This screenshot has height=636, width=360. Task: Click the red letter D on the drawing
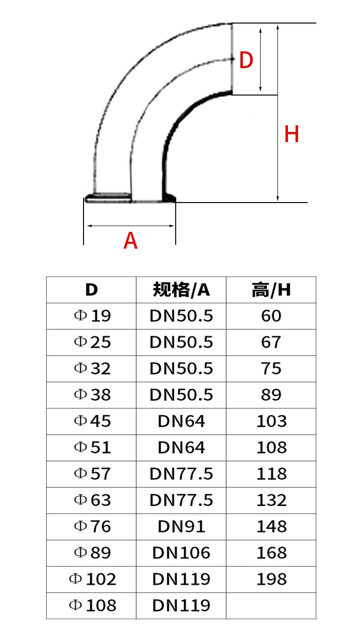pyautogui.click(x=246, y=60)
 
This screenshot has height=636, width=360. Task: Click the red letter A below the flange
pyautogui.click(x=131, y=240)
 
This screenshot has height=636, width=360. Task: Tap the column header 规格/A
pyautogui.click(x=181, y=290)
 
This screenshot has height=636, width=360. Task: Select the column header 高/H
pyautogui.click(x=271, y=290)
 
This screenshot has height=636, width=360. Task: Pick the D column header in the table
pyautogui.click(x=91, y=290)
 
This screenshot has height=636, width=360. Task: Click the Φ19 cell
pyautogui.click(x=92, y=316)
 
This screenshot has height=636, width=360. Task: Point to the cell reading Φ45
pyautogui.click(x=92, y=421)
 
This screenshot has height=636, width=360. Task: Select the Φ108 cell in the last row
pyautogui.click(x=92, y=605)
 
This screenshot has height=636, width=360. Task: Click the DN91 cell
pyautogui.click(x=181, y=527)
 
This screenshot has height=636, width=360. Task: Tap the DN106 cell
pyautogui.click(x=181, y=553)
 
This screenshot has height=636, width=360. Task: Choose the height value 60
pyautogui.click(x=271, y=316)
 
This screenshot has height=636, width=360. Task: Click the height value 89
pyautogui.click(x=271, y=395)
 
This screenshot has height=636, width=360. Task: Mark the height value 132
pyautogui.click(x=271, y=500)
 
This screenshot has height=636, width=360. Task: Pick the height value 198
pyautogui.click(x=271, y=579)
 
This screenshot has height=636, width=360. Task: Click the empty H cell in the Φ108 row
pyautogui.click(x=271, y=605)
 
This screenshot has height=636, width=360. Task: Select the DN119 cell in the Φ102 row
pyautogui.click(x=181, y=579)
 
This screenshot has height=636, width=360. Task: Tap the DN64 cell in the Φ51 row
pyautogui.click(x=181, y=447)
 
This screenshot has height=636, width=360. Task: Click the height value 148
pyautogui.click(x=271, y=527)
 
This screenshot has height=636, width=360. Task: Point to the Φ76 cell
pyautogui.click(x=92, y=527)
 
